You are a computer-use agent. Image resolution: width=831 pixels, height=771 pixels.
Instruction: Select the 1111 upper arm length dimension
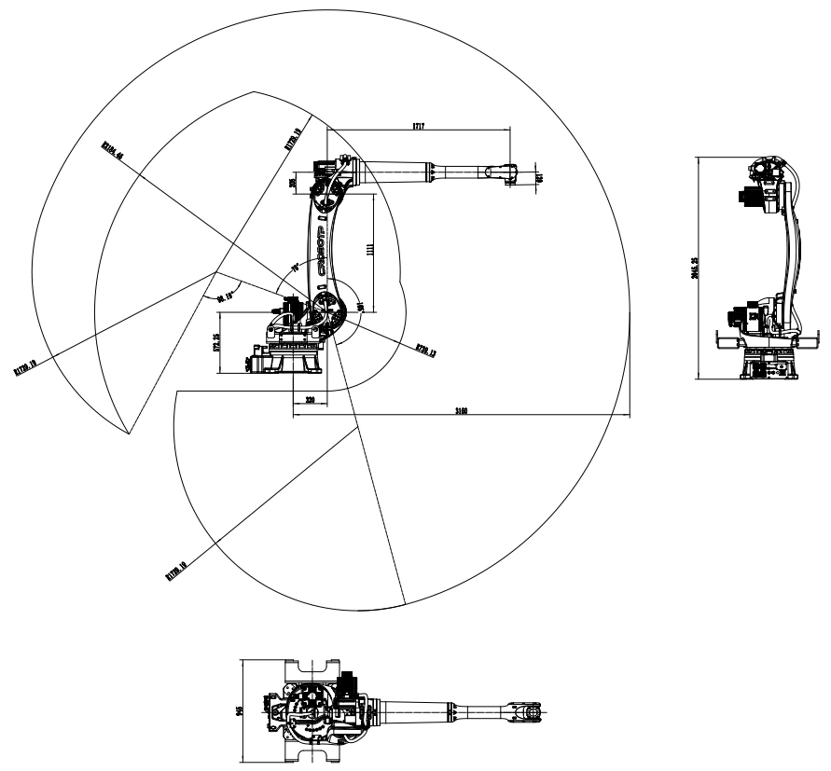point(371,251)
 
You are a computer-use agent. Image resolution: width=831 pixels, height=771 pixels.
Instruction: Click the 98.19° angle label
point(225,297)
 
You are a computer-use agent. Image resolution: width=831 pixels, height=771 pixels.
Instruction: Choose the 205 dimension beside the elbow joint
point(294,184)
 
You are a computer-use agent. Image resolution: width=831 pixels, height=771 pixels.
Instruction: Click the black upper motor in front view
point(748,198)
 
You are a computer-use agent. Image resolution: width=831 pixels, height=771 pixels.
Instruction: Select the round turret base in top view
point(304,711)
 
